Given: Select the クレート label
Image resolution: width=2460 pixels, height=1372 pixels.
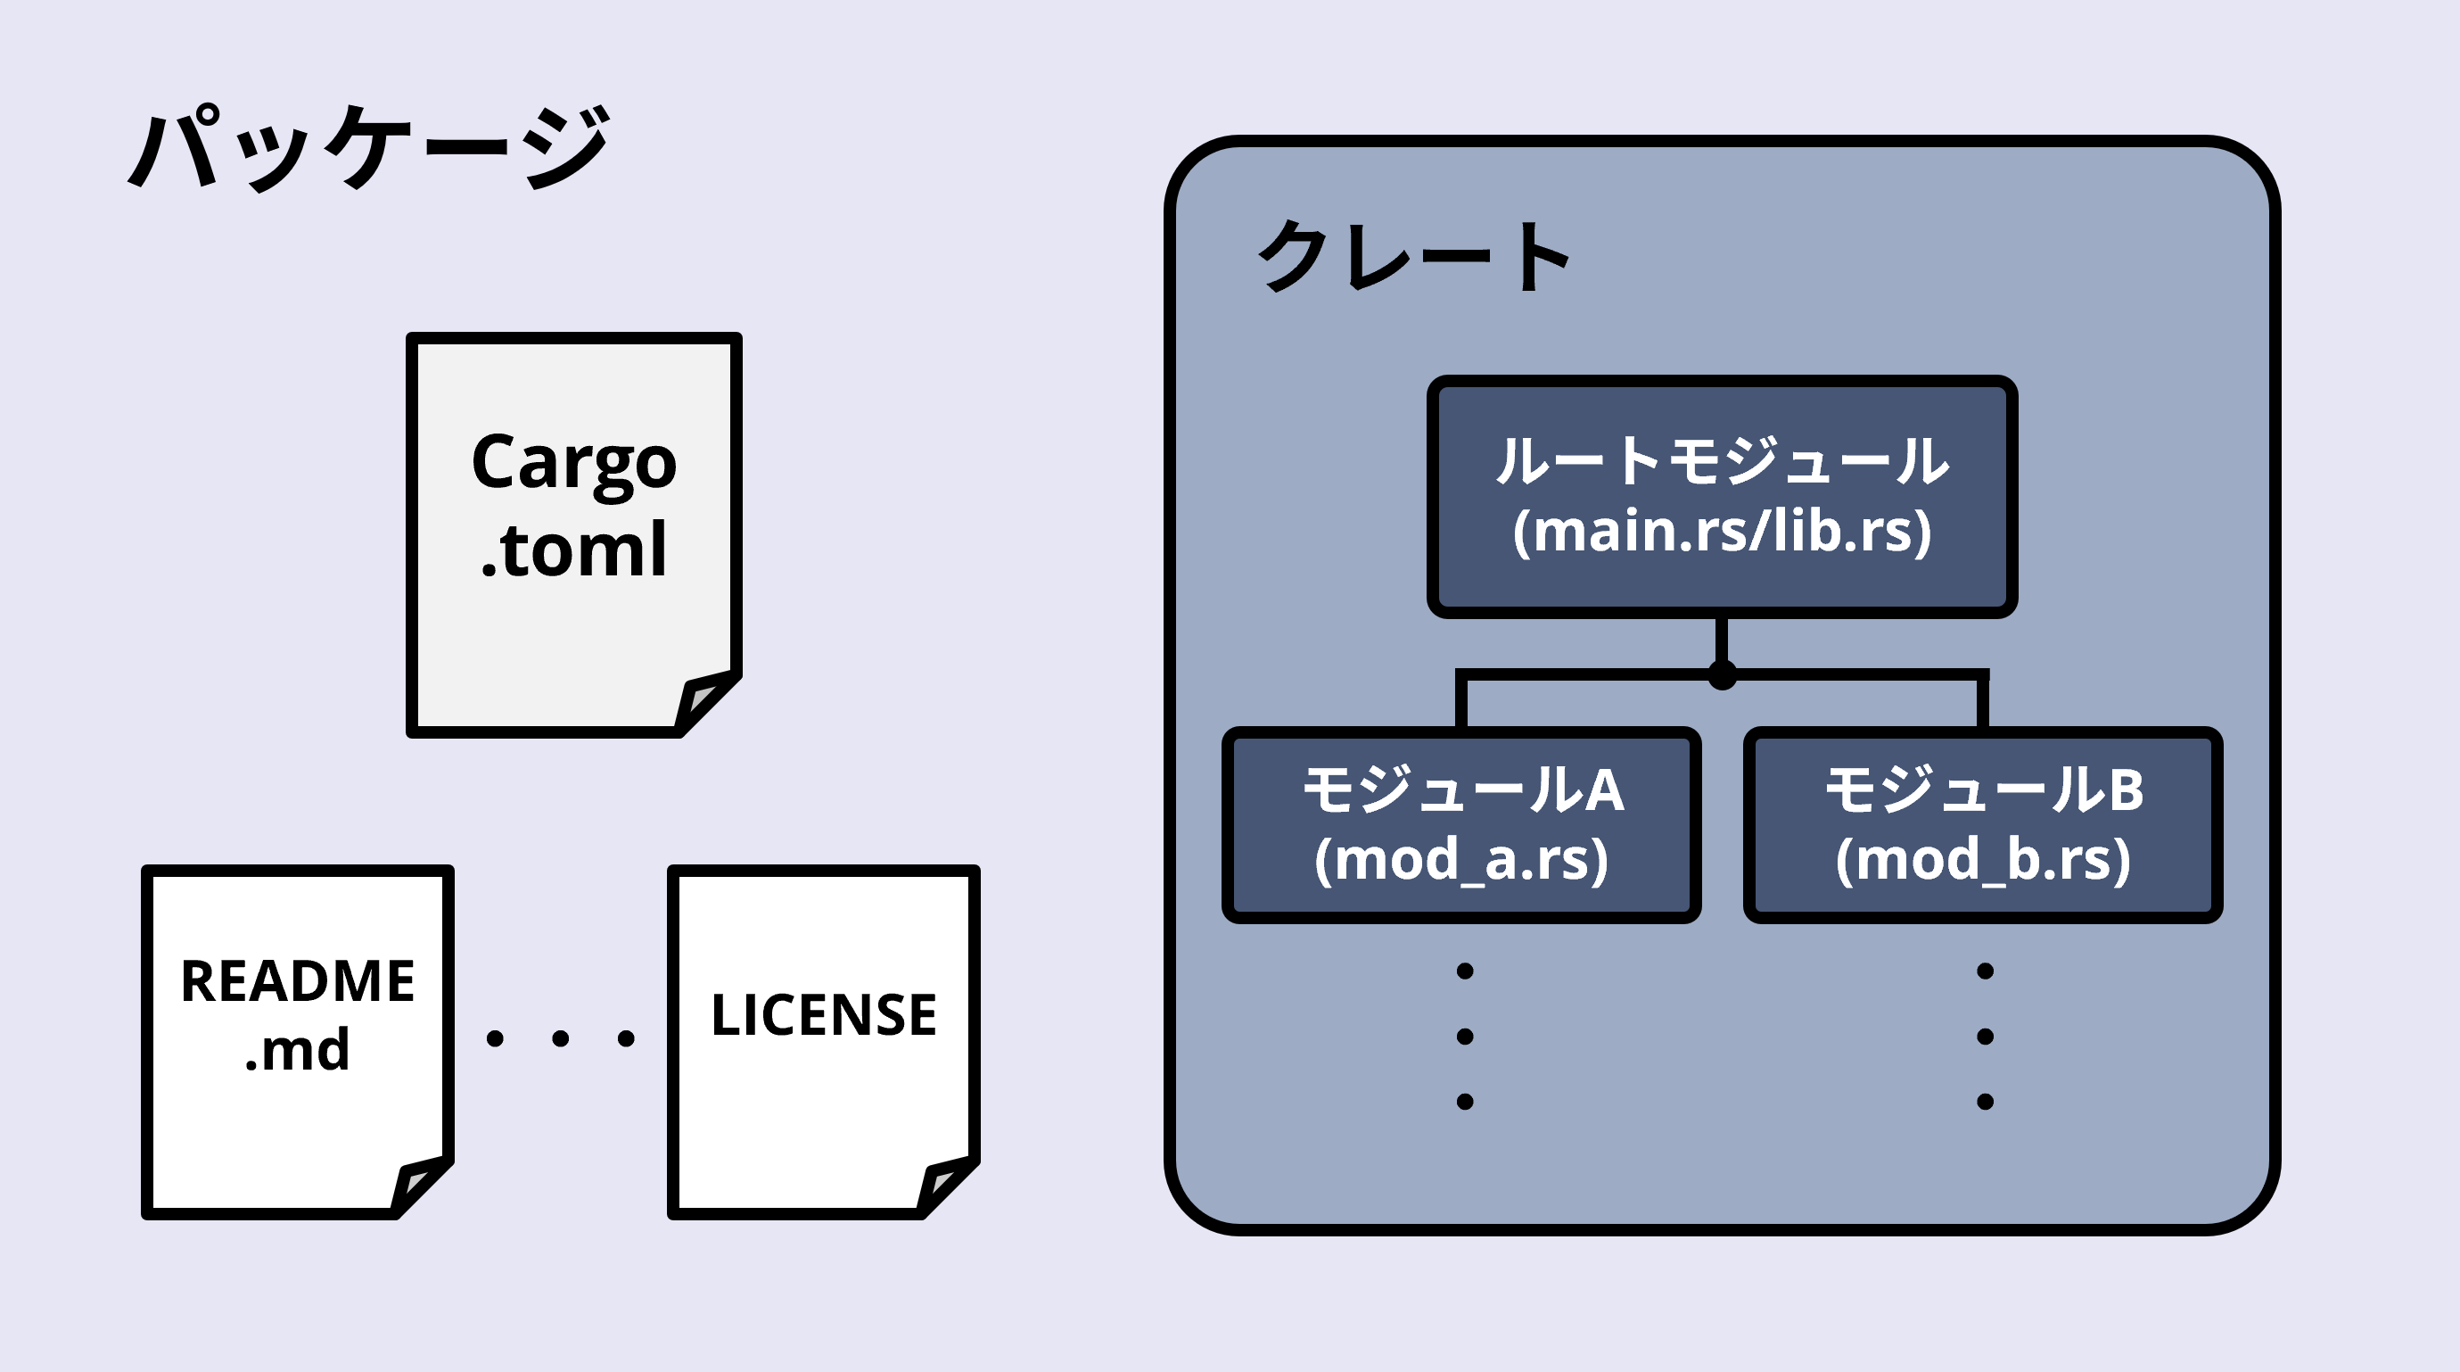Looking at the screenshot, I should [1413, 255].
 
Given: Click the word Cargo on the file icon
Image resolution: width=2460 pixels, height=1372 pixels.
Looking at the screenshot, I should [574, 463].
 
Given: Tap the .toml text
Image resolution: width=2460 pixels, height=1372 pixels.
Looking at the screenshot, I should [574, 550].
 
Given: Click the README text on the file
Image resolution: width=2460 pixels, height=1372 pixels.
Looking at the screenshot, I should [298, 981].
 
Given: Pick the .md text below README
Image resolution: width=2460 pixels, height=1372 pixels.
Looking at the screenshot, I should [298, 1050].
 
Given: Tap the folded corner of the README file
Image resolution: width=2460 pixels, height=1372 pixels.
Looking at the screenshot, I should [420, 1185].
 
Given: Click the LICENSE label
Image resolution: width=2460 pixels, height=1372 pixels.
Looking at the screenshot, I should [824, 1014].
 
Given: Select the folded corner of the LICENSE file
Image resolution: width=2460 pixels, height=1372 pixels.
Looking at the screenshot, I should [945, 1185].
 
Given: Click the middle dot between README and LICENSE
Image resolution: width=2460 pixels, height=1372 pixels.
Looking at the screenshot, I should [561, 1038].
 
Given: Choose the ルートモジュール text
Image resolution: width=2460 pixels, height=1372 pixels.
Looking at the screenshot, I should [1722, 461].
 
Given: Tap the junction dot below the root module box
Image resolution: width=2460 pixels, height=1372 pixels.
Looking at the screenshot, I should [1722, 675].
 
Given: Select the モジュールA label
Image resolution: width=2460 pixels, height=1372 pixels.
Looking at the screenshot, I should [1463, 791].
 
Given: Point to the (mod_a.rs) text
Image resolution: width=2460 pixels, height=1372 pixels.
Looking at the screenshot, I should [1462, 860].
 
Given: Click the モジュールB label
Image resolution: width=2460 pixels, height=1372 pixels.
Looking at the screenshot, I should [1985, 791].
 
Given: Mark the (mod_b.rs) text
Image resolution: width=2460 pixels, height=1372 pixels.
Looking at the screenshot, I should [1984, 860].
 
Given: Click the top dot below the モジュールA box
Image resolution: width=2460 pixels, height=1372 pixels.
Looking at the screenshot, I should [1465, 971].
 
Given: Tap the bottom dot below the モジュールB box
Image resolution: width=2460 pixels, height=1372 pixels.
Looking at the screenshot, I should [1986, 1102].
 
